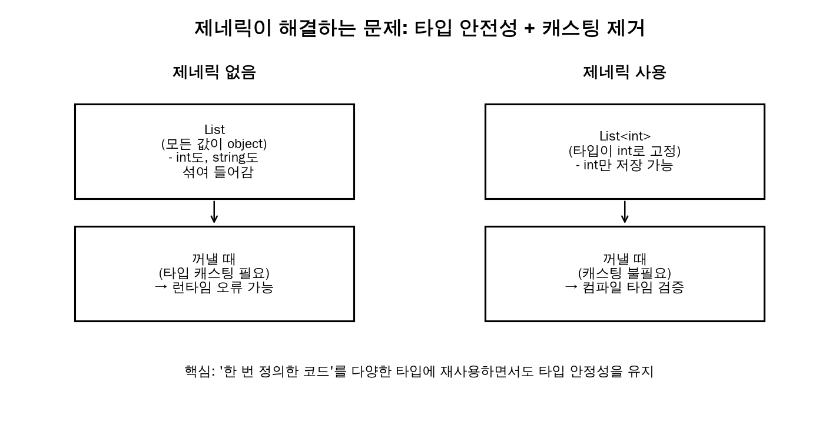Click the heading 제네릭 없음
(214, 72)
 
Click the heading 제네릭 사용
(624, 72)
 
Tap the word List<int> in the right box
(625, 136)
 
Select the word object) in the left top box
(247, 143)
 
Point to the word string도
(236, 158)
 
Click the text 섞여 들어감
(217, 172)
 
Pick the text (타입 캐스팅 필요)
(214, 273)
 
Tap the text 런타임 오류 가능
(223, 287)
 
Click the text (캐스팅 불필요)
(624, 273)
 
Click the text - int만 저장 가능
(624, 165)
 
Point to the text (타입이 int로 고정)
(624, 151)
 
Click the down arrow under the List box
(214, 212)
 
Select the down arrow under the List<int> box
(625, 212)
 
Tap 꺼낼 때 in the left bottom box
(214, 259)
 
